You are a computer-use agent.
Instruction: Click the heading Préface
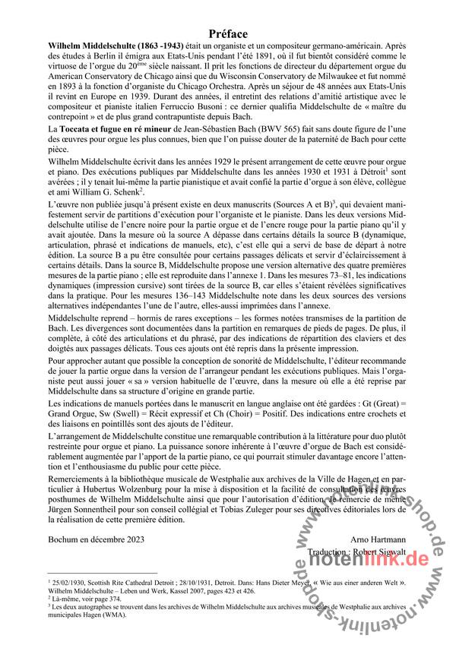(x=227, y=33)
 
